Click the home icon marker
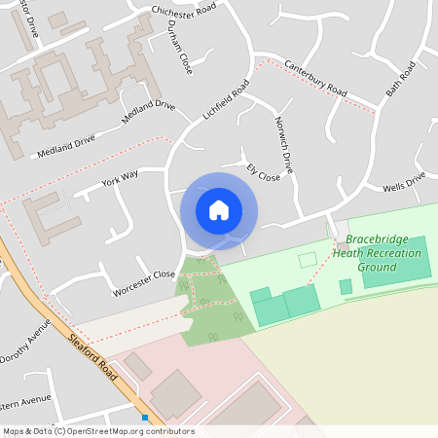point(219,210)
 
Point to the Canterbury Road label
point(315,78)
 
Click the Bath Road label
point(400,78)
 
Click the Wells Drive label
point(404,182)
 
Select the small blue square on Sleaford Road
point(145,418)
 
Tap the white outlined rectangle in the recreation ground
point(308,260)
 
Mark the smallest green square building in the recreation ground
point(346,287)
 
